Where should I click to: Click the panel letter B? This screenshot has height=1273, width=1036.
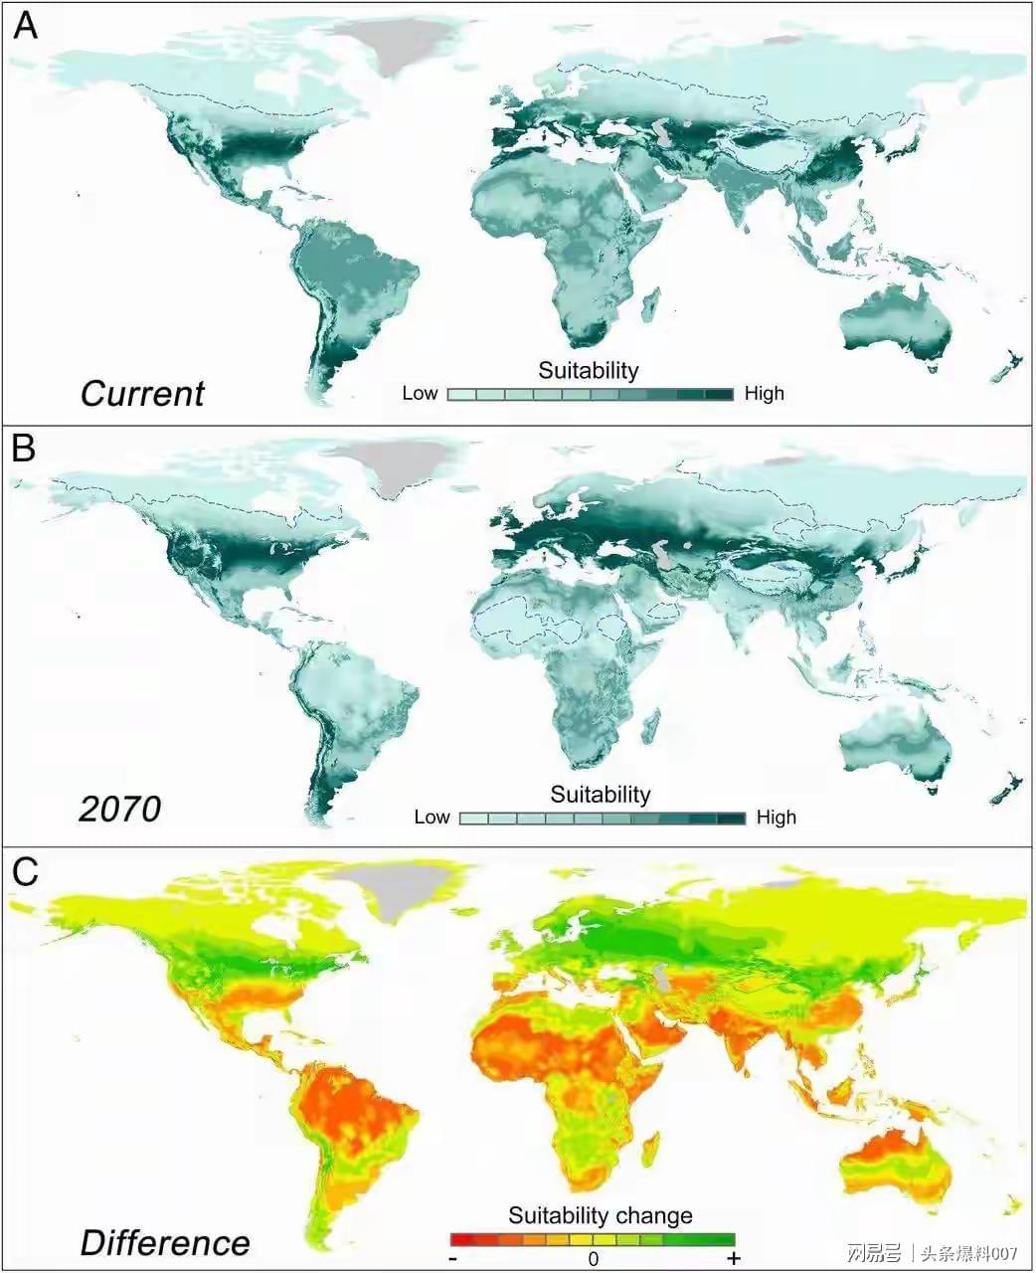point(24,449)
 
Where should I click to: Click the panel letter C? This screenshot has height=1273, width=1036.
point(25,871)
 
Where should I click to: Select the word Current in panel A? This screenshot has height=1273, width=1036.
point(142,394)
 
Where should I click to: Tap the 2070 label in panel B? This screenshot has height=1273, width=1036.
point(119,809)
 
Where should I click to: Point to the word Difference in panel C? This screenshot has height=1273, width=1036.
point(165,1242)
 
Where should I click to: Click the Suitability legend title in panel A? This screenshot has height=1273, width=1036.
point(589,371)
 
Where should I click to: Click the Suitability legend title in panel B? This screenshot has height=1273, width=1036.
point(601,795)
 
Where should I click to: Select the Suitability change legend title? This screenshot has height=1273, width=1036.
point(601,1215)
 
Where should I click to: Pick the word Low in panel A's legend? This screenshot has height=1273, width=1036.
point(420,394)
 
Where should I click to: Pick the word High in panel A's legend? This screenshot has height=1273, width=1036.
point(765,394)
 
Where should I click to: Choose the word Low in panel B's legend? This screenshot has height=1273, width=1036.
point(432,818)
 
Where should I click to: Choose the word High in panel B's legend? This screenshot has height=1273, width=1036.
point(777,818)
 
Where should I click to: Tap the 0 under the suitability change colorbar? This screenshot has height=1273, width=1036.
point(593,1259)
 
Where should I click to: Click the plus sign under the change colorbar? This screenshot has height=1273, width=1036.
point(734,1259)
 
